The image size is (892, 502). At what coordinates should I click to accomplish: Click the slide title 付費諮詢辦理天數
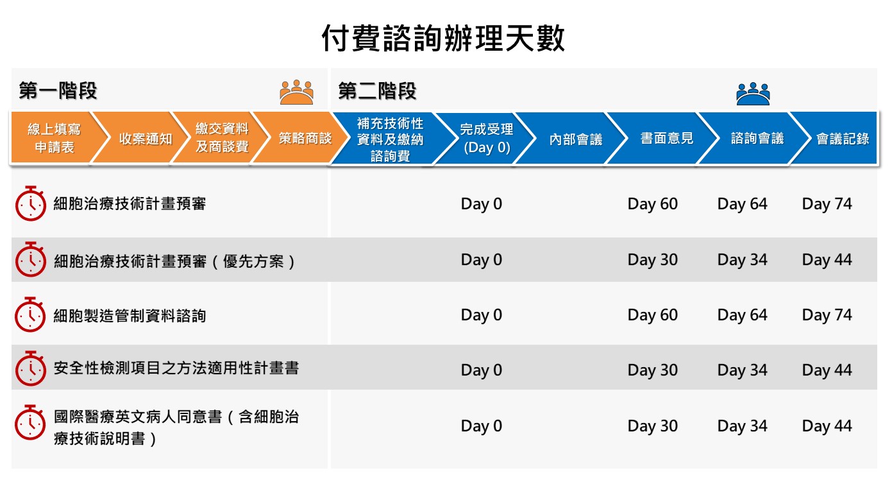pos(443,39)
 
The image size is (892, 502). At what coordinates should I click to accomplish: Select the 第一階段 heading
pos(58,91)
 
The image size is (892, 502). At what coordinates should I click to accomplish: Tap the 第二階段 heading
pos(377,91)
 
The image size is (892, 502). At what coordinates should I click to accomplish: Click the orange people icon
pos(296,92)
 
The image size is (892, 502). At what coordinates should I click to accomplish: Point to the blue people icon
pos(753,94)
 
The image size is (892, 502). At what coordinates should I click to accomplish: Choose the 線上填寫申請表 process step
pos(54,138)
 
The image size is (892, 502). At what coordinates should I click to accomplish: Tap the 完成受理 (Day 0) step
pos(487,138)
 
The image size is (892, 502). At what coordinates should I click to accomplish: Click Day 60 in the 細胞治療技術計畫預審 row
pos(652,203)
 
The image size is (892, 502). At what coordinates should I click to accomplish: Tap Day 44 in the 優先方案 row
pos(827,259)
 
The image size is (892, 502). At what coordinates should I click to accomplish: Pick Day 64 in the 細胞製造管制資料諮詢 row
pos(743,315)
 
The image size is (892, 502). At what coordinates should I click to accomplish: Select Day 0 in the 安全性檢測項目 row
pos(481,370)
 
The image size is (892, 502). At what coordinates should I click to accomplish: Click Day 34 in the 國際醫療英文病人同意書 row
pos(743,426)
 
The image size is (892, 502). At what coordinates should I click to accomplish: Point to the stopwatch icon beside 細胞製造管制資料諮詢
pos(30,315)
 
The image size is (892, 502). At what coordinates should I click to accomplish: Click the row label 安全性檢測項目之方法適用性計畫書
pos(176,368)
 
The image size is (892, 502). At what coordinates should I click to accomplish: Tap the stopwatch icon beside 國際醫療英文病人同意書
pos(30,422)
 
